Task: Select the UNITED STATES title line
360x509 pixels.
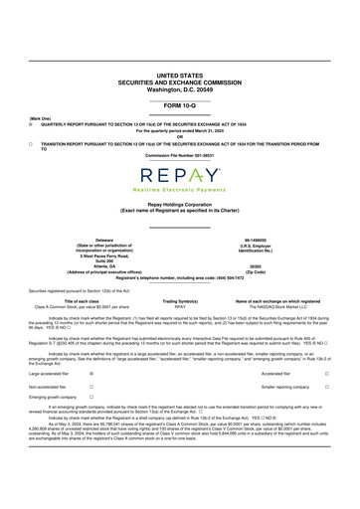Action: [180, 75]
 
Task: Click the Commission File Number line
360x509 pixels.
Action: [180, 156]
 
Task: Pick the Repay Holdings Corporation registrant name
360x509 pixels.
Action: [180, 203]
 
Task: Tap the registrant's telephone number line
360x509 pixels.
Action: [180, 278]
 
